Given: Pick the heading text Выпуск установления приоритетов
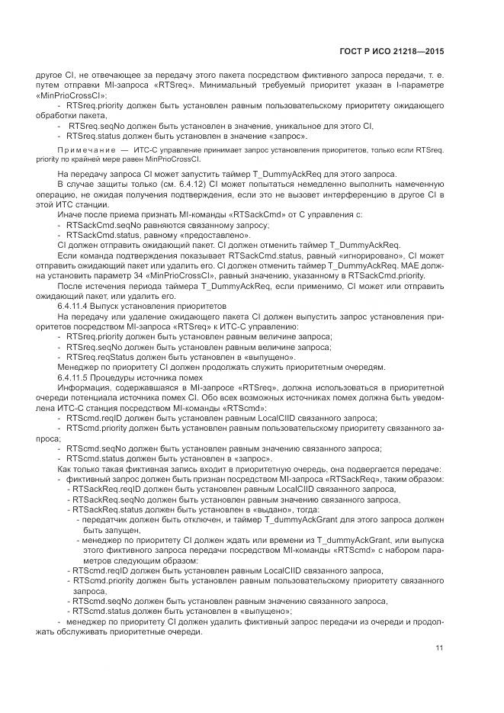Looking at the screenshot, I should point(156,305).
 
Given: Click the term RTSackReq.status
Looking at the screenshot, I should point(107,509).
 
